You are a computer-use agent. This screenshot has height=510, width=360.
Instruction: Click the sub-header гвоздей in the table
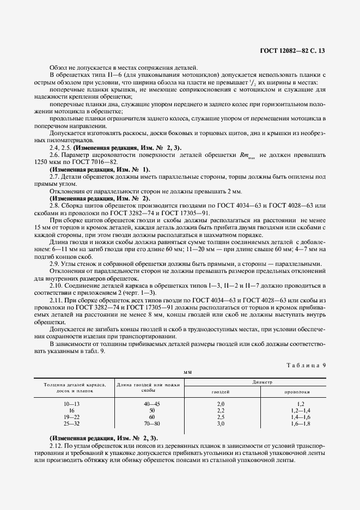220,392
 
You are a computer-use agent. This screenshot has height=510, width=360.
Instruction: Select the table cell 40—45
152,403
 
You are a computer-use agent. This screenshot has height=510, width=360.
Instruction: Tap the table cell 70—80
152,423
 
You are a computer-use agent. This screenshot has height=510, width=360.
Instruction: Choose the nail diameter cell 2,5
221,417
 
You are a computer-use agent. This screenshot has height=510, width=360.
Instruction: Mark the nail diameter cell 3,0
221,423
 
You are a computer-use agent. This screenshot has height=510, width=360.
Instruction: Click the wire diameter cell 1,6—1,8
300,423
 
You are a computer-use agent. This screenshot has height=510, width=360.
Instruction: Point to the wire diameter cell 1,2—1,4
300,410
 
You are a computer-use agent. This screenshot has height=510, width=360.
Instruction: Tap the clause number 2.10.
57,285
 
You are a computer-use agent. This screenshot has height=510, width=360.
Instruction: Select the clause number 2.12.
57,445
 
